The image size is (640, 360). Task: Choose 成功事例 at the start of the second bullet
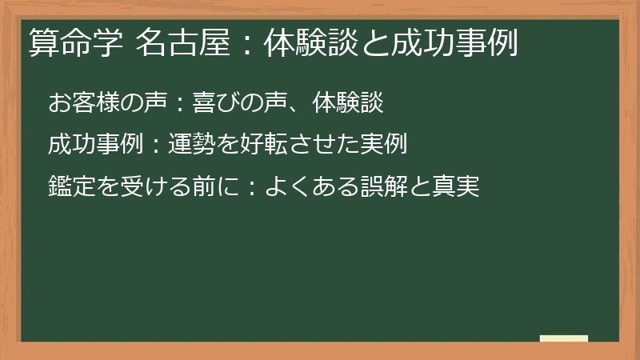point(93,146)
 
